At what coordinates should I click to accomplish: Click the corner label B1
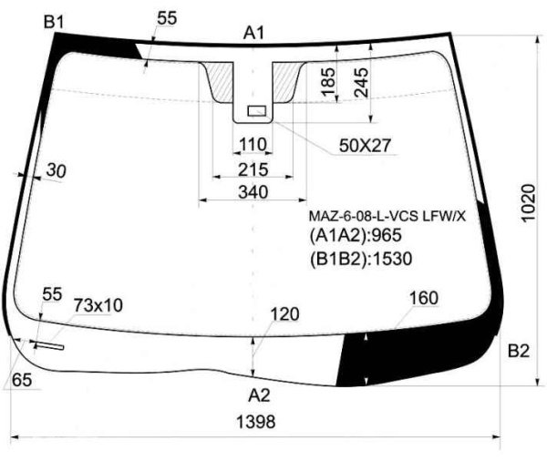point(54,22)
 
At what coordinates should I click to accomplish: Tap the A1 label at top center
point(254,34)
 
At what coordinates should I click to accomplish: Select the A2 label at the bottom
point(259,395)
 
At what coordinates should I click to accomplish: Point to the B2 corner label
point(519,351)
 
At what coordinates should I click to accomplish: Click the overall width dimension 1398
point(256,422)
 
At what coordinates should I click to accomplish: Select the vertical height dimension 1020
point(528,203)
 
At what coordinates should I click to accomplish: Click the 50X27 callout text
point(366,145)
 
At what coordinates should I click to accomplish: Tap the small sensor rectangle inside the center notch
point(257,111)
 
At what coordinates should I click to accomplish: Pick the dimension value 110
point(253,144)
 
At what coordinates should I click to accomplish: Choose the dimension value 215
point(253,169)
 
